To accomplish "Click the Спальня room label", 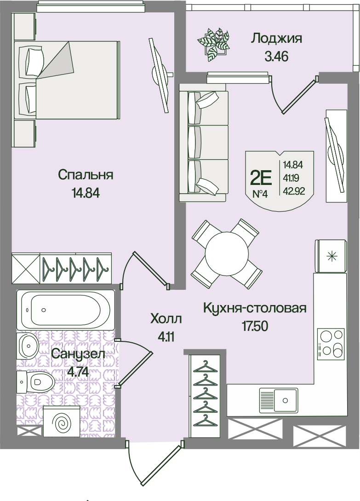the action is tap(86, 175).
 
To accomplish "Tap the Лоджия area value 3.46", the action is tap(276, 57).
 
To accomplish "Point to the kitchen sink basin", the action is tap(279, 401).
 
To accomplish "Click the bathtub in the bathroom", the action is tap(66, 309).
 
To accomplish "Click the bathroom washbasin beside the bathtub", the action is tap(28, 346).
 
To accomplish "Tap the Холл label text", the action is tap(166, 319).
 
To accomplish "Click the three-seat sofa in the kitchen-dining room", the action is tap(204, 143).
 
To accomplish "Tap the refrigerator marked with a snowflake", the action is tap(331, 256).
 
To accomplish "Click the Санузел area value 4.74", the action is tap(78, 372).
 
